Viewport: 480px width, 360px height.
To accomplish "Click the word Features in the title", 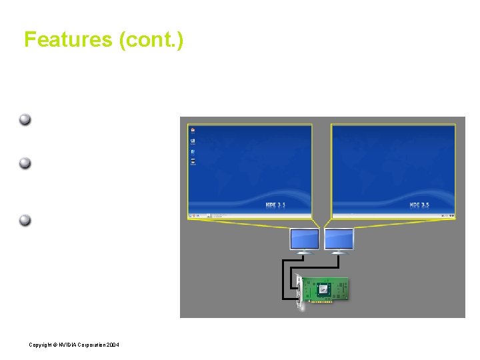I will [68, 40].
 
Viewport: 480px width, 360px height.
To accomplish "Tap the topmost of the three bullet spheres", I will [25, 121].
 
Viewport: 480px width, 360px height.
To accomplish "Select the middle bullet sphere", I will [25, 163].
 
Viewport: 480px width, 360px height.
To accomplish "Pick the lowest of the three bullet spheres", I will [25, 221].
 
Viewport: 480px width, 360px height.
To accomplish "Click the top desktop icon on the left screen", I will [193, 131].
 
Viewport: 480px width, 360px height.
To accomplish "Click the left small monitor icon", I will [304, 239].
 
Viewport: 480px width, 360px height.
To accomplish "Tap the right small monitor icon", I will [339, 239].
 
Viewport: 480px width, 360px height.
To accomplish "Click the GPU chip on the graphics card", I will [323, 289].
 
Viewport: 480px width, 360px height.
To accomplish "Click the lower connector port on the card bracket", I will [299, 296].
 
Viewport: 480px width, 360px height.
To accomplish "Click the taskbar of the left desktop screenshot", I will [250, 215].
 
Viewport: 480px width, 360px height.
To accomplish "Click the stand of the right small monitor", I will [338, 252].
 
